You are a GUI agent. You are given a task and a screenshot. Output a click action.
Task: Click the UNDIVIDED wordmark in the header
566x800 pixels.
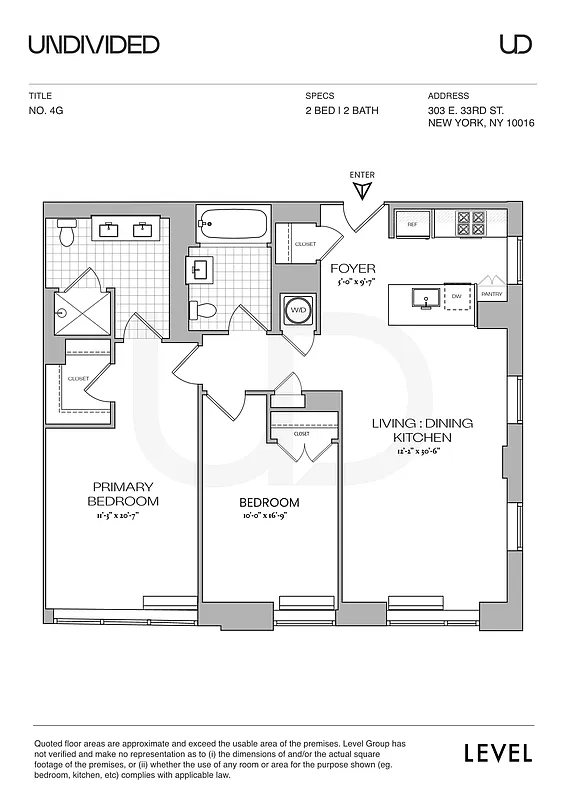[x=94, y=44]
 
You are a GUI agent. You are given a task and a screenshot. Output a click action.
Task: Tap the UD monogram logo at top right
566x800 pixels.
[x=515, y=44]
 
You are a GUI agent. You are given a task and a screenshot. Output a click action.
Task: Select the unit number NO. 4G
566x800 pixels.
[x=47, y=111]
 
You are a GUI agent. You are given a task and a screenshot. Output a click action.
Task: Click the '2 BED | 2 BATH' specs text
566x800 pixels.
[x=342, y=111]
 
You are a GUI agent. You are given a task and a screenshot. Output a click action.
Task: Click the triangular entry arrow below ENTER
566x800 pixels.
[x=363, y=189]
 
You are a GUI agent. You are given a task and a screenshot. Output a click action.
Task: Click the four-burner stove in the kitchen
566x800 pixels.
[x=471, y=223]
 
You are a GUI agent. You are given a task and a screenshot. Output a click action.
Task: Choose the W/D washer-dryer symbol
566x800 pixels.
[x=298, y=310]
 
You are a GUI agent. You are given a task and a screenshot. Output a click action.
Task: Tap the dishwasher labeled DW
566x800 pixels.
[x=456, y=297]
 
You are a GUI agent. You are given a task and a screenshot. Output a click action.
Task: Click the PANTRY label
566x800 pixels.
[x=491, y=295]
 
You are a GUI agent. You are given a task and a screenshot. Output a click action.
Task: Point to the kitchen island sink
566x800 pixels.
[x=421, y=297]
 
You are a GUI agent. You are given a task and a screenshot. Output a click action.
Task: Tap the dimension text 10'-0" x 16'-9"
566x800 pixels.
[x=269, y=517]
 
